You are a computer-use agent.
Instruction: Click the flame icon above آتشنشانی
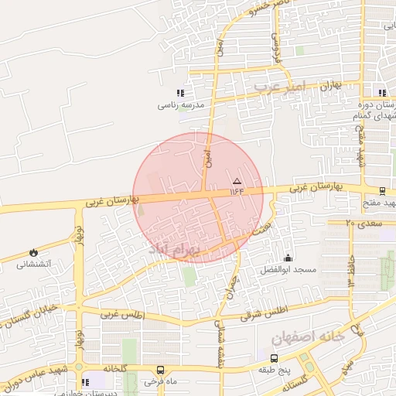(x=33, y=252)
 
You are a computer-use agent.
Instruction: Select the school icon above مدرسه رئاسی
(x=181, y=93)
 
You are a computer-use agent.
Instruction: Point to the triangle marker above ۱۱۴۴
(x=237, y=180)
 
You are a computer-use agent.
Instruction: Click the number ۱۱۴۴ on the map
(x=237, y=191)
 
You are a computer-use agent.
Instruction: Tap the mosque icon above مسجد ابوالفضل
(x=288, y=258)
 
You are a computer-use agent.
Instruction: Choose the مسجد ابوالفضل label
(x=288, y=269)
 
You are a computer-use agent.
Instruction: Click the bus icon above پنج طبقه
(x=274, y=358)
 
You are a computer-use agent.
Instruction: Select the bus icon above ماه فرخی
(x=160, y=370)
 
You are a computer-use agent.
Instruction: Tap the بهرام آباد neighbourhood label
(x=173, y=250)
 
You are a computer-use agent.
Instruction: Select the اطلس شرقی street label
(x=263, y=312)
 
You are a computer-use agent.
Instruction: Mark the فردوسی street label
(x=277, y=48)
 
